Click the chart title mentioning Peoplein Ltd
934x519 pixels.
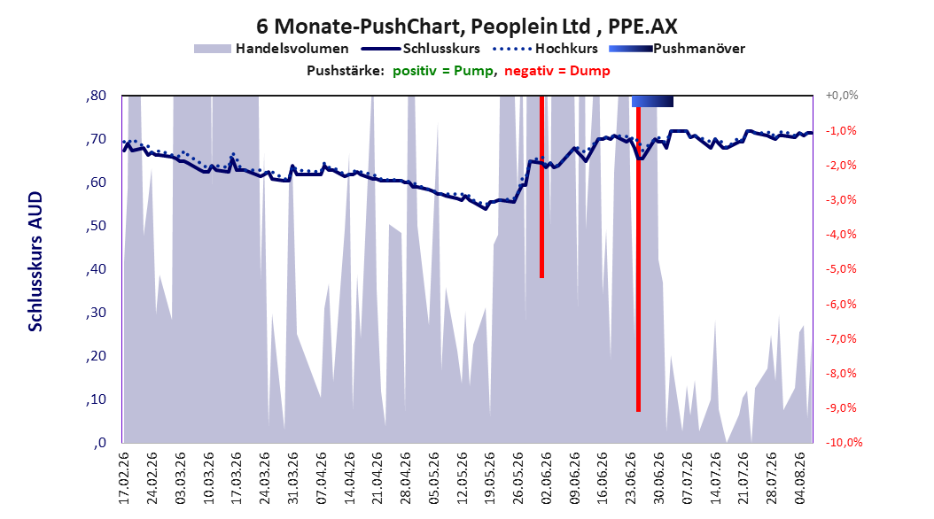pos(466,27)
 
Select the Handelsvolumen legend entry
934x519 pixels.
pos(271,49)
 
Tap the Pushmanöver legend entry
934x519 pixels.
pos(677,49)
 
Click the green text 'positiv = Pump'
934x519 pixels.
pos(442,71)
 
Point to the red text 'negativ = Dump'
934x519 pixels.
pos(557,71)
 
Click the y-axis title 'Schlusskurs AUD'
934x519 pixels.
pos(35,261)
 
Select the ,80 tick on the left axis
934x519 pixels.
pos(96,96)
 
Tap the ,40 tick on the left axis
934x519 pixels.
pos(96,269)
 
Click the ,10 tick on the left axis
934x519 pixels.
pos(96,399)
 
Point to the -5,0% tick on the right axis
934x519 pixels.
pos(841,269)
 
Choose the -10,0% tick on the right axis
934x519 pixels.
pos(844,443)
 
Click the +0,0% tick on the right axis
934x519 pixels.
pos(842,96)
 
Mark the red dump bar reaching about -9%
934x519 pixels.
pos(638,259)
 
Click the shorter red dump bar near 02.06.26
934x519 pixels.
pos(541,187)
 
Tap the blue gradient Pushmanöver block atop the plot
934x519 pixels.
pos(652,101)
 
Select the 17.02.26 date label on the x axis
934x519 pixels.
pos(124,478)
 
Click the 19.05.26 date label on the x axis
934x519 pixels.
pos(490,478)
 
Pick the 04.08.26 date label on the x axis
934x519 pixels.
pos(799,478)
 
